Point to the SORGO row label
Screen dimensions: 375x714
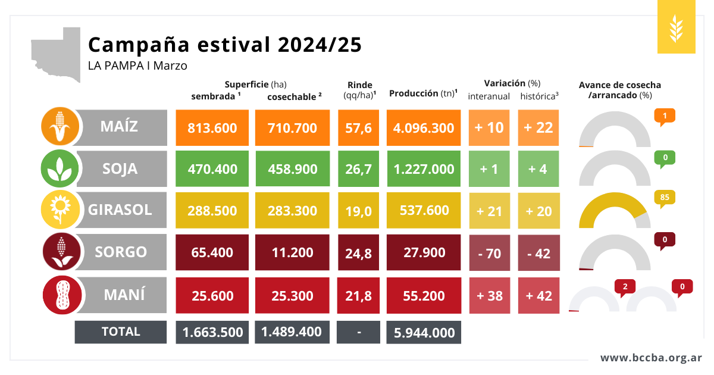(121, 252)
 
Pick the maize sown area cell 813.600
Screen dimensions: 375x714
(212, 128)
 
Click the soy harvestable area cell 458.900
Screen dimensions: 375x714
(292, 169)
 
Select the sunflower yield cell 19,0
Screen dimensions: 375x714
(359, 211)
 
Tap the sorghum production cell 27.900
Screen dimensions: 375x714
(424, 252)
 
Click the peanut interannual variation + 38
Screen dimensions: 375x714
(490, 295)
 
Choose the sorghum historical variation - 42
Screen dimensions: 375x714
(538, 253)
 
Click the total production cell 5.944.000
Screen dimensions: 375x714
(424, 333)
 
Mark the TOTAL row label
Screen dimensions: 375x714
(121, 332)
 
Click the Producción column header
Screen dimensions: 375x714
(423, 93)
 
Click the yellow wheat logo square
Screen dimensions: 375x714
(676, 27)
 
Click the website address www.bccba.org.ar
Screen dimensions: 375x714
(651, 358)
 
